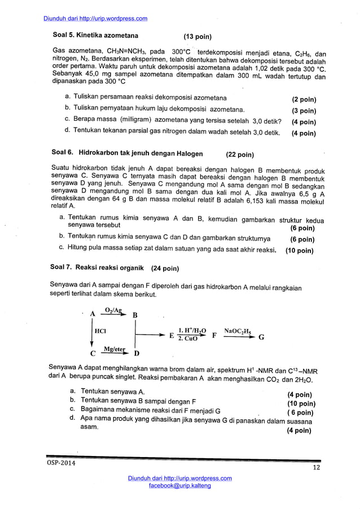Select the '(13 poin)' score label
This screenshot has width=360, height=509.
pyautogui.click(x=197, y=37)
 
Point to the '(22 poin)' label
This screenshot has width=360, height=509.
pyautogui.click(x=240, y=154)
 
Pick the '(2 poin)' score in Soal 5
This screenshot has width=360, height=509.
pyautogui.click(x=304, y=99)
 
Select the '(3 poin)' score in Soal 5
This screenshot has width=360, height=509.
pyautogui.click(x=304, y=111)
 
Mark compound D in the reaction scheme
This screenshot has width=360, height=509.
pyautogui.click(x=136, y=354)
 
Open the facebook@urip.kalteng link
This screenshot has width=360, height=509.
pyautogui.click(x=179, y=485)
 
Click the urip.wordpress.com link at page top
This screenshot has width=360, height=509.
pyautogui.click(x=95, y=18)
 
